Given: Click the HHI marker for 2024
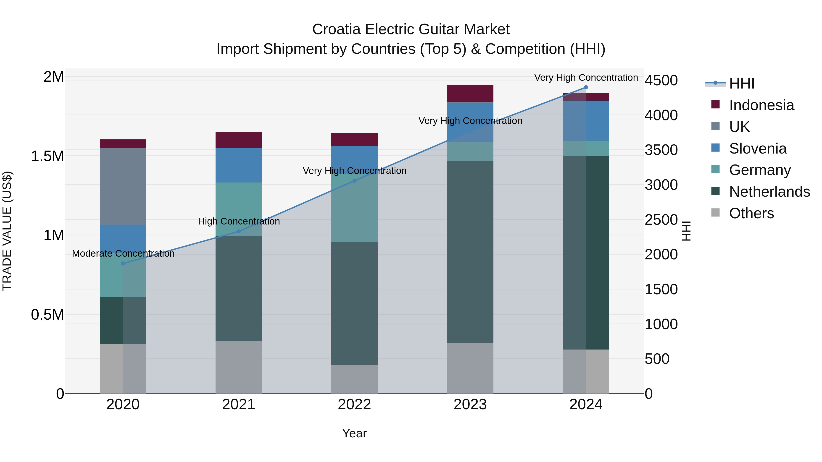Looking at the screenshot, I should (586, 87).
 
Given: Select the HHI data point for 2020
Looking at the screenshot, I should (123, 263).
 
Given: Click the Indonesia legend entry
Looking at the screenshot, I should (761, 105).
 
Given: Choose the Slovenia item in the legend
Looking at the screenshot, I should (758, 149).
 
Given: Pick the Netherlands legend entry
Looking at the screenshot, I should (769, 192).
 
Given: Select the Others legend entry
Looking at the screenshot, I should (751, 213).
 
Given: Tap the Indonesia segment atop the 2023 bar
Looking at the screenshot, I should (470, 93).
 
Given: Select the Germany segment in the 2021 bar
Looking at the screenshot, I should (239, 209).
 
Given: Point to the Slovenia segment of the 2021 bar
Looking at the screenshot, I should (239, 165).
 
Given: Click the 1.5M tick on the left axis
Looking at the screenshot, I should (47, 156).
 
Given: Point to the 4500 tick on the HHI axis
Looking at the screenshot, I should (661, 80).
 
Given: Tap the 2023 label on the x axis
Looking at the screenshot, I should (470, 405).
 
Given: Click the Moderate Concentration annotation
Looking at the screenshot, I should (123, 253).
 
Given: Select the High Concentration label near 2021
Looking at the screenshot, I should (239, 221).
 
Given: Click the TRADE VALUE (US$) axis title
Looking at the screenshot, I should (7, 231).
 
